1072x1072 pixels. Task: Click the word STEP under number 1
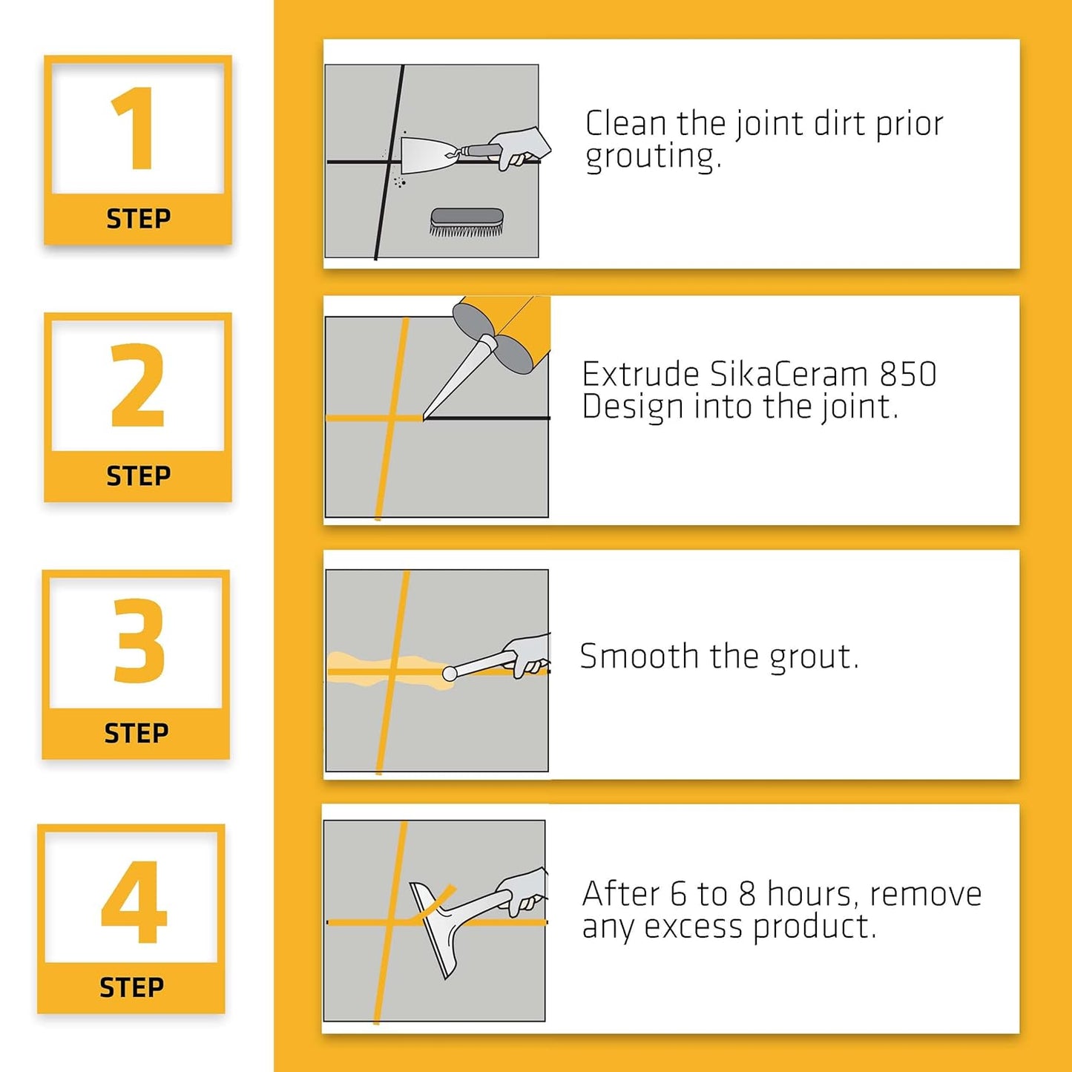click(x=138, y=219)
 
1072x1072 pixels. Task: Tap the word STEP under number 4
click(x=131, y=988)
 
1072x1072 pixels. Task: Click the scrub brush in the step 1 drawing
click(x=467, y=222)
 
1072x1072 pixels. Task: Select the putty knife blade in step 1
click(x=423, y=155)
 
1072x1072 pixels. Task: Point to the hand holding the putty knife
click(x=519, y=147)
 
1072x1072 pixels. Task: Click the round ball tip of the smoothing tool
click(x=450, y=674)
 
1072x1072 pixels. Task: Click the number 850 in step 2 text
click(x=908, y=375)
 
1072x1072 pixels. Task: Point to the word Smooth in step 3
click(x=639, y=657)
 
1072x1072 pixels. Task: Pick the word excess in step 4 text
click(x=693, y=927)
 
